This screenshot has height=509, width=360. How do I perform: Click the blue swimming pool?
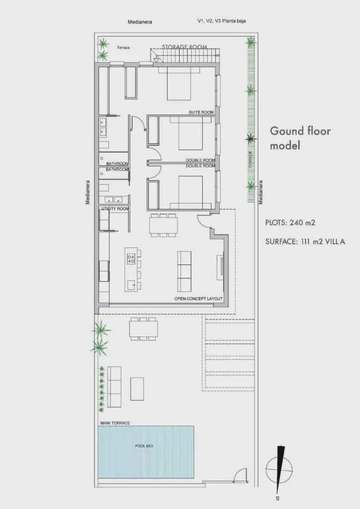(146, 451)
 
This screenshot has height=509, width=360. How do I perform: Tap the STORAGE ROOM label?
(184, 47)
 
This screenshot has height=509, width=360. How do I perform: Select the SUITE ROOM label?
(201, 113)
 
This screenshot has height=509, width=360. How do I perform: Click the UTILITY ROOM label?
(115, 209)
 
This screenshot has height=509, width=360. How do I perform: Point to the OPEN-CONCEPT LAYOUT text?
(198, 299)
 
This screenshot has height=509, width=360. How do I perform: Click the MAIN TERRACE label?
(114, 423)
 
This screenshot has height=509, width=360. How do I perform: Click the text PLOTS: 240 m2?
(289, 223)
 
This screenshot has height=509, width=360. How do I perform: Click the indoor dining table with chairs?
(163, 226)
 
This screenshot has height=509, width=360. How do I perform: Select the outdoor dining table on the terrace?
(144, 329)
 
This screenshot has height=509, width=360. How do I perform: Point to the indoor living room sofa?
(184, 271)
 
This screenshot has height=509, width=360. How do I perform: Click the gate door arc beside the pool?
(241, 475)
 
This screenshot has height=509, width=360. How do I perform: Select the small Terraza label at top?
(123, 48)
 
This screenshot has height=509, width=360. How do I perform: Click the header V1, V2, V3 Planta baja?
(221, 21)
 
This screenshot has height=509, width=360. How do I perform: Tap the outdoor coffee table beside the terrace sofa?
(137, 389)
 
